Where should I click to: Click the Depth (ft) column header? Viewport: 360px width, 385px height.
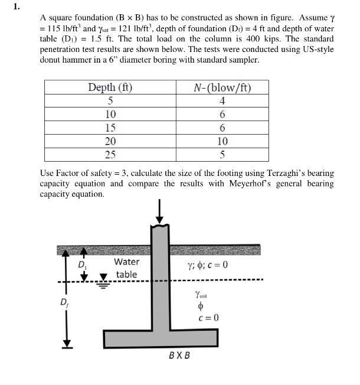(x=110, y=88)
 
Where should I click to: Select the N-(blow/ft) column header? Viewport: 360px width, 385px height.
(x=222, y=88)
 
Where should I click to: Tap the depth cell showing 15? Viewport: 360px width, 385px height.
(x=110, y=128)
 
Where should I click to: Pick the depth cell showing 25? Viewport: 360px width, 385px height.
(x=110, y=155)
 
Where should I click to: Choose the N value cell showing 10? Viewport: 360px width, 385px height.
(x=222, y=141)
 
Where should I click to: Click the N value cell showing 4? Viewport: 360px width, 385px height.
(x=222, y=100)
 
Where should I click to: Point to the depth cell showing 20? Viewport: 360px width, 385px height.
(x=110, y=141)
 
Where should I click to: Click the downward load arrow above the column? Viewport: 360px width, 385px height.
(x=159, y=211)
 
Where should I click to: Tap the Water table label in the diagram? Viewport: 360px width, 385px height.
(x=126, y=268)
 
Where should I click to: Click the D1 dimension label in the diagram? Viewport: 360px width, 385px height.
(x=82, y=265)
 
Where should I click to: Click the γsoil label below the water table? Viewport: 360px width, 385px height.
(x=201, y=294)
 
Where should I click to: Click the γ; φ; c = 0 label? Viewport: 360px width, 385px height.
(x=207, y=264)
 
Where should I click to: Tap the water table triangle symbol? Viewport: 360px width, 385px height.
(x=104, y=277)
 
